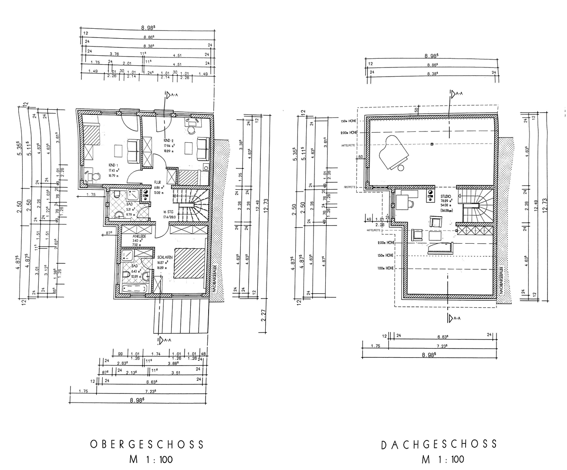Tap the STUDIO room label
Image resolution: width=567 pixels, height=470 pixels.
[x=446, y=196]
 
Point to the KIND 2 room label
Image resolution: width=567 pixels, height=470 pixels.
[x=169, y=141]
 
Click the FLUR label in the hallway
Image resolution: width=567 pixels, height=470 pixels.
[x=157, y=183]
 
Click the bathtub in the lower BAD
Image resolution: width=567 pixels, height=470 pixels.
[x=135, y=288]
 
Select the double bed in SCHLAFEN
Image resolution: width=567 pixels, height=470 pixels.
[x=190, y=263]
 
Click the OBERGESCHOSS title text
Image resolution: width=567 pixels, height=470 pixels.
[x=147, y=444]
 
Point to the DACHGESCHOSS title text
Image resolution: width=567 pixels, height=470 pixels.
[x=439, y=444]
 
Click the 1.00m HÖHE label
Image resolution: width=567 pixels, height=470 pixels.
[x=386, y=269]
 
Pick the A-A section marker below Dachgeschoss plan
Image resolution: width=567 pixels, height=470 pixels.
[x=453, y=319]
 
